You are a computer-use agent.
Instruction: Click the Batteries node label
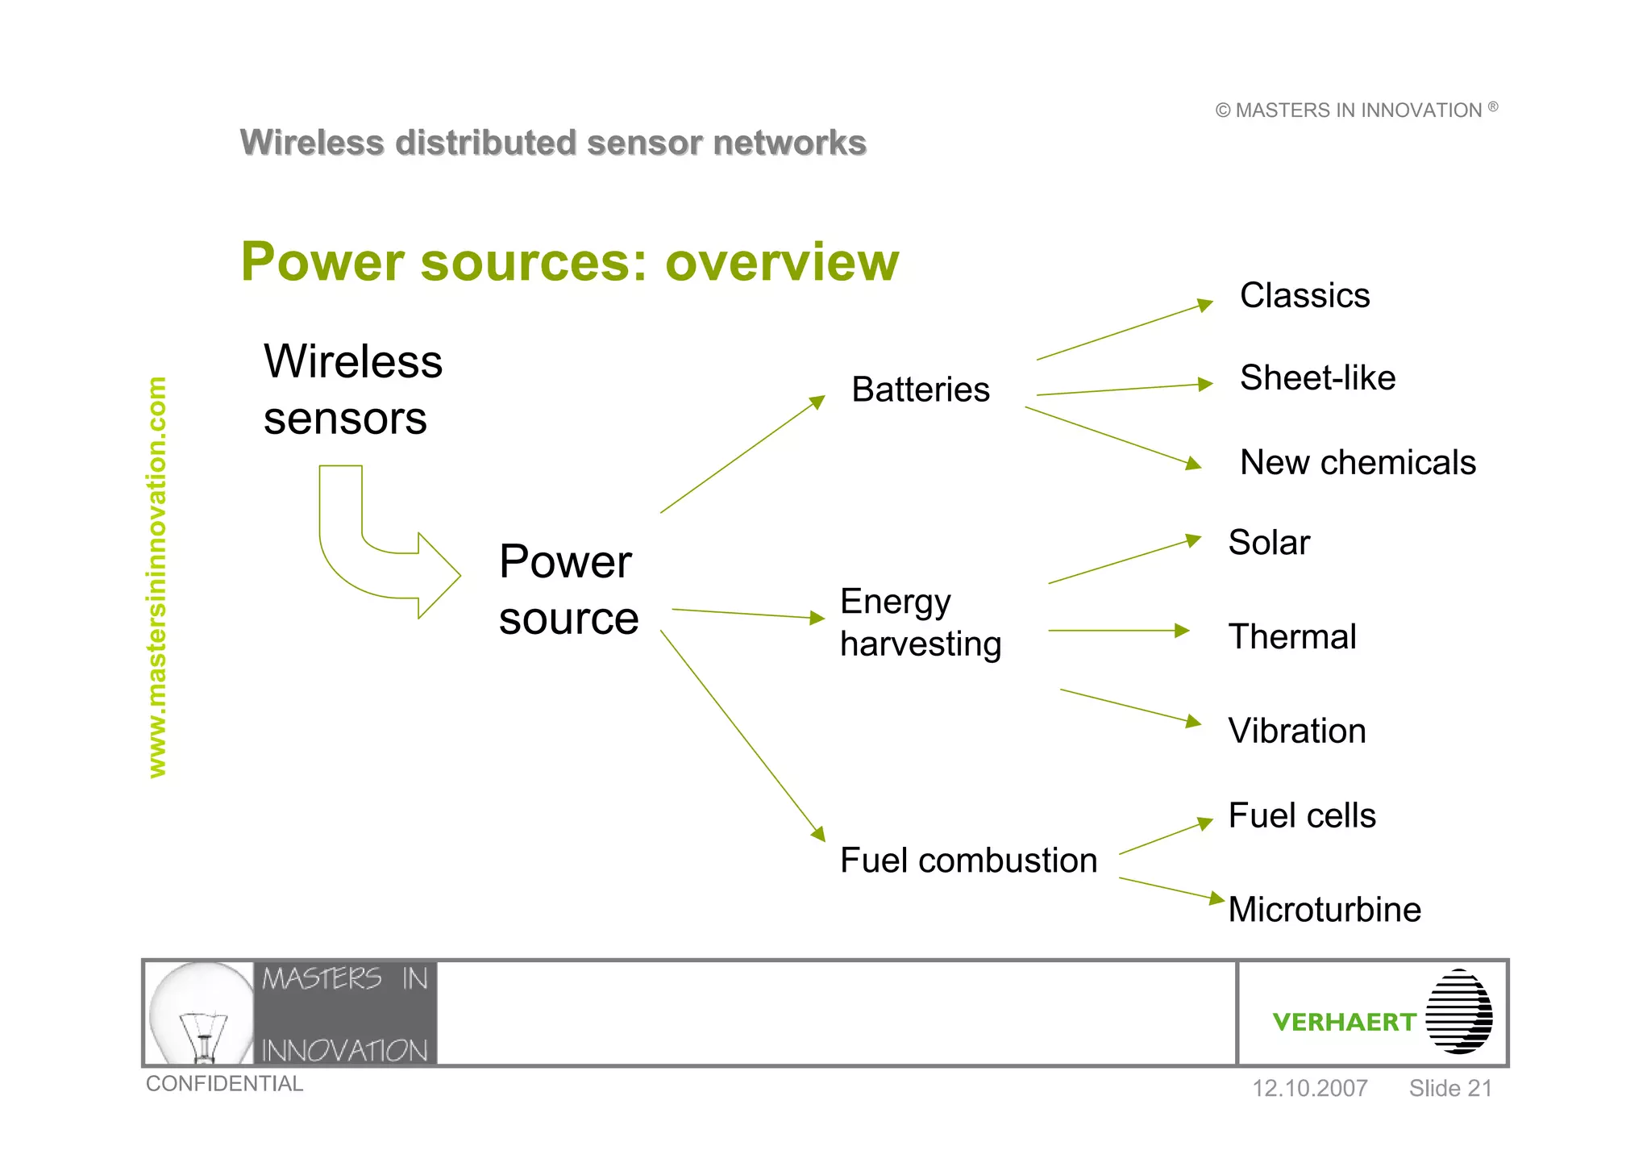(x=920, y=390)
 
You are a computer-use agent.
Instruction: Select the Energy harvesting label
(x=920, y=623)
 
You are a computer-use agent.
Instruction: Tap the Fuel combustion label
(x=968, y=861)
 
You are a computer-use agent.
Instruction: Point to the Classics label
(x=1304, y=295)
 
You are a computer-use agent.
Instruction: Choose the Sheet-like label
(x=1317, y=377)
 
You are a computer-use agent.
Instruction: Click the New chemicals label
(x=1358, y=462)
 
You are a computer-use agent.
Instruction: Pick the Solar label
(x=1269, y=542)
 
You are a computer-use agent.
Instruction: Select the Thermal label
(x=1292, y=636)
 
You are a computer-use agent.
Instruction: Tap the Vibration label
(x=1297, y=731)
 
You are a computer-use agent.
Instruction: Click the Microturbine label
(x=1325, y=910)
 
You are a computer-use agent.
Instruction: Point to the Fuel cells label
(x=1302, y=815)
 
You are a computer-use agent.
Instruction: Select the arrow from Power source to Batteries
(x=742, y=455)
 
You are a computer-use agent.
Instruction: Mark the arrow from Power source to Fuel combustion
(x=742, y=735)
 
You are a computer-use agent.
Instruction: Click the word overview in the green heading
(x=781, y=262)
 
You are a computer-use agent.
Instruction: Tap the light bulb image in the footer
(x=201, y=1013)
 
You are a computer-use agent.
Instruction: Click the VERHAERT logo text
(x=1344, y=1022)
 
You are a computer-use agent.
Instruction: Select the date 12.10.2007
(x=1309, y=1088)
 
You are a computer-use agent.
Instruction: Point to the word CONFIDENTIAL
(x=224, y=1083)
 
